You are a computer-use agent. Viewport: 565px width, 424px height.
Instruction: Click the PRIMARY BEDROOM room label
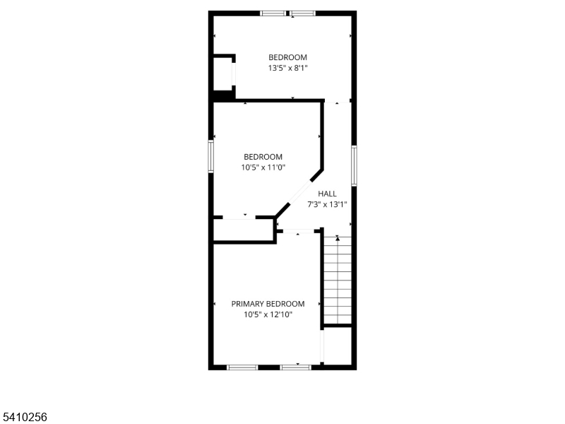coord(268,304)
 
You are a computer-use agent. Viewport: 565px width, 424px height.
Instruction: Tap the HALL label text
coord(327,194)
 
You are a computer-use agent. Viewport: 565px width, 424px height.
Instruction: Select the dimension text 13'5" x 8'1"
coord(287,68)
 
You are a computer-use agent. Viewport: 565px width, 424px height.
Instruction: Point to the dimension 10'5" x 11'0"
coord(263,167)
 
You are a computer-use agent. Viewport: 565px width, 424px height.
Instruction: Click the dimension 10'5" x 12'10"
coord(268,314)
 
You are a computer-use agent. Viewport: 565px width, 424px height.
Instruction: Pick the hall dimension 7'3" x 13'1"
coord(327,204)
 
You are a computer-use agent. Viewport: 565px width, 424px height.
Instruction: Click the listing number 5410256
coord(23,417)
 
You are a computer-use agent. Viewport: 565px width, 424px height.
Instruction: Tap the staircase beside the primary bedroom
coord(338,280)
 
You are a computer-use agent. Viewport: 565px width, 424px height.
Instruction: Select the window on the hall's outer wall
coord(355,165)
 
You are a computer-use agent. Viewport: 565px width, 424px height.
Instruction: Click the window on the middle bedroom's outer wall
coord(210,156)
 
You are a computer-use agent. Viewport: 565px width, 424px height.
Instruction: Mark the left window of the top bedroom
coord(273,13)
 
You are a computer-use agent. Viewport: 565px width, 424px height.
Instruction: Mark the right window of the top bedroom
coord(303,13)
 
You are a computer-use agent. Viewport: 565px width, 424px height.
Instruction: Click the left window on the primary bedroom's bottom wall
coord(242,367)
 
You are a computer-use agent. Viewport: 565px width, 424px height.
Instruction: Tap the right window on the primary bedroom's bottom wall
coord(295,367)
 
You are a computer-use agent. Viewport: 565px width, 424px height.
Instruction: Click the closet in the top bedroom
coord(222,73)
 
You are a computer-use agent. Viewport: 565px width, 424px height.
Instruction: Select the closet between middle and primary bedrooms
coord(243,230)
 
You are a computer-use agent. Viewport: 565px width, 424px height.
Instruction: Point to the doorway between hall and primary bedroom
coord(298,231)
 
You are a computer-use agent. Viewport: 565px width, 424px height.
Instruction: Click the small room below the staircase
coord(338,346)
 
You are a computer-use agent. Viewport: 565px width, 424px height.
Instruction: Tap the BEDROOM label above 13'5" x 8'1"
coord(287,57)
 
